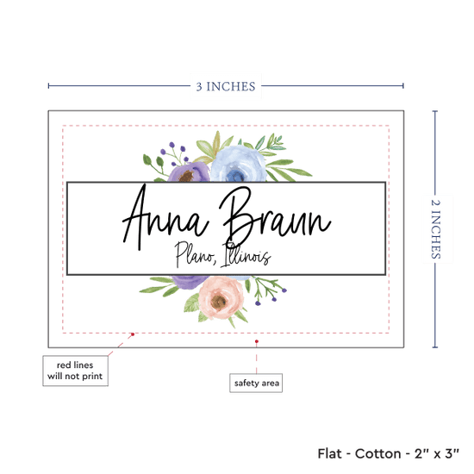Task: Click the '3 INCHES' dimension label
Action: point(226,86)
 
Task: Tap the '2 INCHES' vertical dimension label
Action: point(435,229)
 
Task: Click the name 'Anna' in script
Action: point(165,217)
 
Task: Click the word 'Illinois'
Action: point(246,254)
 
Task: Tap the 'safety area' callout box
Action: point(256,383)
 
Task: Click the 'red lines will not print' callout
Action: point(75,371)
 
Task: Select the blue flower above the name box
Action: point(238,164)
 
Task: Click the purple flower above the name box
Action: point(189,172)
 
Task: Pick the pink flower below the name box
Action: point(221,298)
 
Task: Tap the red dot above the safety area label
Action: point(256,341)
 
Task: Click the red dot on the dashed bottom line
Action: point(133,334)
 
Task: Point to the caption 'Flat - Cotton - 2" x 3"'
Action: point(388,453)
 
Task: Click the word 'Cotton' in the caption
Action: point(377,453)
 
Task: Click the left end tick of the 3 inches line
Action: point(48,86)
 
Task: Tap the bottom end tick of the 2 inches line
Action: point(435,347)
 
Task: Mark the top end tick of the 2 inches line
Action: point(435,111)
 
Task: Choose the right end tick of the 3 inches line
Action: point(403,86)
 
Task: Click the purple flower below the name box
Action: point(190,282)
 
